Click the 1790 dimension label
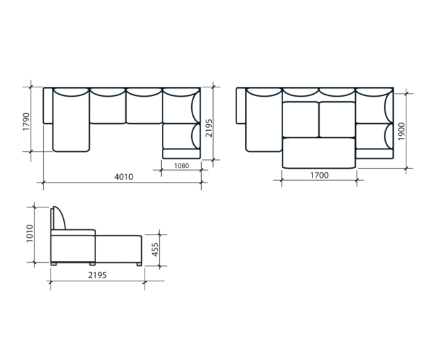pyautogui.click(x=26, y=121)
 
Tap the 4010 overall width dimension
pyautogui.click(x=124, y=177)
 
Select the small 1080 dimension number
pyautogui.click(x=181, y=166)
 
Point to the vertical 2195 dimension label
pyautogui.click(x=209, y=128)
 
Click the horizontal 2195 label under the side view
pyautogui.click(x=97, y=275)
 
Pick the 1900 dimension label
pyautogui.click(x=402, y=131)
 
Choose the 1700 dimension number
pyautogui.click(x=320, y=175)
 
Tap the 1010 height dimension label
pyautogui.click(x=29, y=234)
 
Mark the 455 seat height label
pyautogui.click(x=155, y=249)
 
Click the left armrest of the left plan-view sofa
pyautogui.click(x=48, y=106)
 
